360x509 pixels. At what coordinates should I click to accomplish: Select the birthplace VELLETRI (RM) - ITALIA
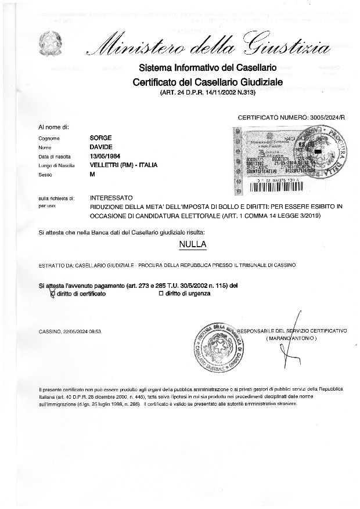point(124,165)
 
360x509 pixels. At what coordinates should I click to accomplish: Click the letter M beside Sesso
point(92,174)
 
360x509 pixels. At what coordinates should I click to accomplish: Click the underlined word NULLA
point(193,244)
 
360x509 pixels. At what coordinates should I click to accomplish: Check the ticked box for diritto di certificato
point(53,294)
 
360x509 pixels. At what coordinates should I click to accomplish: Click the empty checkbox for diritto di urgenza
point(161,294)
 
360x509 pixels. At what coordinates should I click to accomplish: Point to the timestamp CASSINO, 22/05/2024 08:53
point(70,331)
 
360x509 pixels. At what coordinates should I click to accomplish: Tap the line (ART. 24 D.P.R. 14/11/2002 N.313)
point(207,93)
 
